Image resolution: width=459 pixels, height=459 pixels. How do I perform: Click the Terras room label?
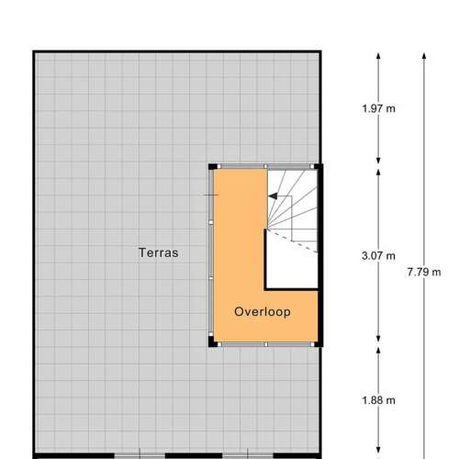pos(159,252)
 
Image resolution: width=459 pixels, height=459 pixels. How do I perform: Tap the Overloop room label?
pos(263,312)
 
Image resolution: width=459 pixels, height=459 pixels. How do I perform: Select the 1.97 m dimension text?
pos(378,108)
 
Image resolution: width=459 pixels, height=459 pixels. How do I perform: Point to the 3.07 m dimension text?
pos(378,256)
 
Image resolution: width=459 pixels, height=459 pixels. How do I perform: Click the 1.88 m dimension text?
pos(378,400)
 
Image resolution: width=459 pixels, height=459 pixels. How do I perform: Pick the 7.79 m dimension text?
pos(424,272)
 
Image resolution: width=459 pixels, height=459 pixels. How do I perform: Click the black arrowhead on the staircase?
pos(273,196)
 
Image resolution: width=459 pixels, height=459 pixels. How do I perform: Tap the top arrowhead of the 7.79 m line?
pos(424,56)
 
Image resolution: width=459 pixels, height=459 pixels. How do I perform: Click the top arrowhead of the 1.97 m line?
pos(378,56)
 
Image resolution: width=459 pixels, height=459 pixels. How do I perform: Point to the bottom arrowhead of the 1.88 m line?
pos(378,451)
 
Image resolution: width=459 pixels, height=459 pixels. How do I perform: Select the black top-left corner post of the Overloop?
pos(213,167)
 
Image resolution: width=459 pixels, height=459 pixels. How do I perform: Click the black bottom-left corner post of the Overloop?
pos(212,341)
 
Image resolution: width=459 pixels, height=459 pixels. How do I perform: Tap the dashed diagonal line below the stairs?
pos(292,241)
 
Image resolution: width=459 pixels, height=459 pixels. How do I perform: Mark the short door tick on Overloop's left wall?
pos(208,195)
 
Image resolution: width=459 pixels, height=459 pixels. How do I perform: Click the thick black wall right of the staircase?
pos(320,255)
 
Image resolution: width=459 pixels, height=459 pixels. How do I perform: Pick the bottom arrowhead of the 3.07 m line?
pos(378,339)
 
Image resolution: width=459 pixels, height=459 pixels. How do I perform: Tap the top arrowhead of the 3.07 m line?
pos(378,173)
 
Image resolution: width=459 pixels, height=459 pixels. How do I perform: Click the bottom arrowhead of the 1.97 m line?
pos(378,161)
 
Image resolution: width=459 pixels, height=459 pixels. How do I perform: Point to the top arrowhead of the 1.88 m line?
pos(378,351)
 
